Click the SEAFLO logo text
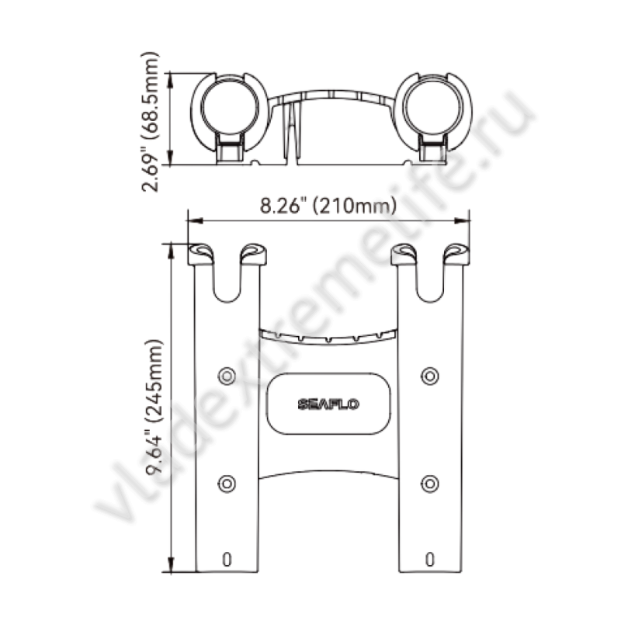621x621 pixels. click(x=328, y=404)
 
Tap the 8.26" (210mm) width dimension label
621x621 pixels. click(x=328, y=206)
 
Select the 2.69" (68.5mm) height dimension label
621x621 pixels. click(x=151, y=122)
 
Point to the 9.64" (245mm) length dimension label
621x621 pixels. click(x=154, y=407)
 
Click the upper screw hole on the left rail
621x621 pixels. click(x=227, y=376)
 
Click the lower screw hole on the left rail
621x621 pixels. click(x=227, y=484)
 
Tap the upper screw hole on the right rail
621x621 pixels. click(x=430, y=376)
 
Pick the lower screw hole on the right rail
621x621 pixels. click(x=430, y=484)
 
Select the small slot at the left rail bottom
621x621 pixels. click(x=227, y=560)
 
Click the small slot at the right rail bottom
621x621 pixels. click(x=430, y=560)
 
